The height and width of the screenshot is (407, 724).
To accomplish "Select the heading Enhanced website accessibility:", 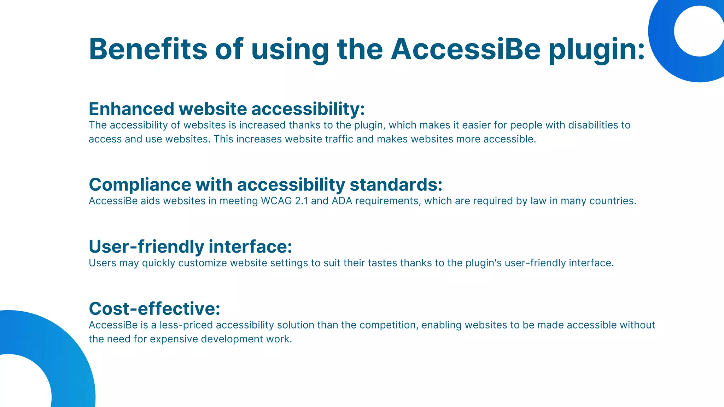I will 227,109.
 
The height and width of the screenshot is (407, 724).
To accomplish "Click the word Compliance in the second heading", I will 140,185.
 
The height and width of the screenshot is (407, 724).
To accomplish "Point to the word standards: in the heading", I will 396,185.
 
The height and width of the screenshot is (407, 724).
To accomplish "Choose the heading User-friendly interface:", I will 190,247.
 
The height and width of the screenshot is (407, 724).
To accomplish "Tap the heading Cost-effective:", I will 154,308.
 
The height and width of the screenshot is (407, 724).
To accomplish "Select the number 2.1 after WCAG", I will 301,201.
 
